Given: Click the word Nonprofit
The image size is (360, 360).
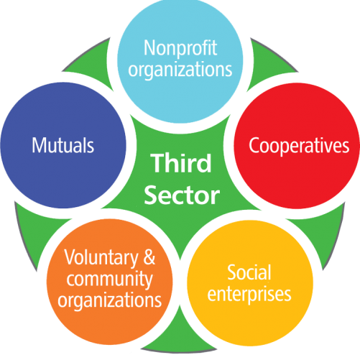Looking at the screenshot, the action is (x=180, y=48).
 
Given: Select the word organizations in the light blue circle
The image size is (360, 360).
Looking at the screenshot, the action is (x=180, y=70).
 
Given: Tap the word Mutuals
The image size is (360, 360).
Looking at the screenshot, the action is (x=63, y=145).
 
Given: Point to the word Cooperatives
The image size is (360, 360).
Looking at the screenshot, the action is (x=299, y=146).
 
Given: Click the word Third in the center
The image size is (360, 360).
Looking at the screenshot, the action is (x=181, y=163).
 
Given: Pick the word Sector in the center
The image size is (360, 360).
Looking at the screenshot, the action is (x=182, y=195).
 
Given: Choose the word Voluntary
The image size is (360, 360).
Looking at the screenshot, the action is (x=101, y=258).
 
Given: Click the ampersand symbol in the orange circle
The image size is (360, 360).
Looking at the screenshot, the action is (x=149, y=257).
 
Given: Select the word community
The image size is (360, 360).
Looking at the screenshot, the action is (x=109, y=280).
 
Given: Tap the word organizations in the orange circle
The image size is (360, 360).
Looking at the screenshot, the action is (x=109, y=300).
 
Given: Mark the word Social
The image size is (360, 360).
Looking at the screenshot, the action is (x=249, y=272).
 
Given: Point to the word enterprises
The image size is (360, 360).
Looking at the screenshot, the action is (x=249, y=294).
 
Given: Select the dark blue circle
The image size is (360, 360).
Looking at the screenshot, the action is (x=63, y=145).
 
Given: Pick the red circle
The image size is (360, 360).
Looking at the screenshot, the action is (x=297, y=146).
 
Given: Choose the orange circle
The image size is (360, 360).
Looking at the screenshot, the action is (x=109, y=282).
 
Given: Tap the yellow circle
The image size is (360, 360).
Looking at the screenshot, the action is (x=250, y=283).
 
